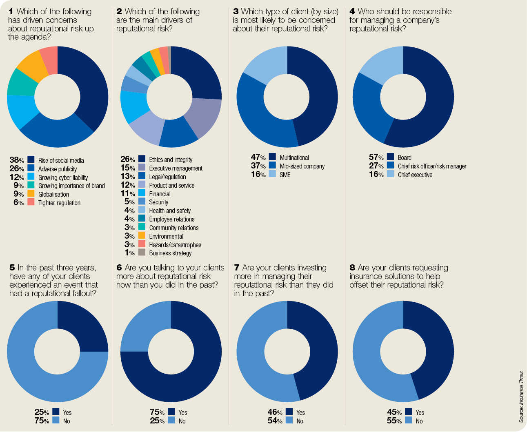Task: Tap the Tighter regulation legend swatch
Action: pos(31,202)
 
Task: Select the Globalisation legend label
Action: pos(53,194)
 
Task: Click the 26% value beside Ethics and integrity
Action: pos(127,159)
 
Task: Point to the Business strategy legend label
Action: pos(170,253)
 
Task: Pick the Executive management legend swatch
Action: pos(142,167)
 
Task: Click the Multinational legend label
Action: pos(294,157)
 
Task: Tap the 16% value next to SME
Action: pos(258,175)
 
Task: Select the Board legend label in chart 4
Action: pos(404,157)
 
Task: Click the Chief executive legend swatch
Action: pos(390,174)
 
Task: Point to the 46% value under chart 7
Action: pos(275,412)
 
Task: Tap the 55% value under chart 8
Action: pos(394,421)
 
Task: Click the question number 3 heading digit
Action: pos(236,11)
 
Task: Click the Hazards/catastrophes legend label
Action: pos(175,245)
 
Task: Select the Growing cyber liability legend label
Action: pos(63,177)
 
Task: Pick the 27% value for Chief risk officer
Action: pos(376,166)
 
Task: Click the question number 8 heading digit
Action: pos(352,268)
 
